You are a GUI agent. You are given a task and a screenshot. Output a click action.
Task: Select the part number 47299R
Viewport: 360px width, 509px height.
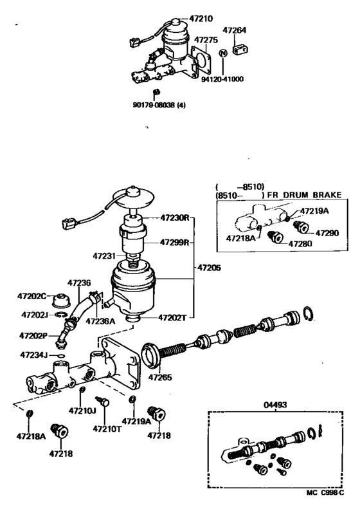pos(174,243)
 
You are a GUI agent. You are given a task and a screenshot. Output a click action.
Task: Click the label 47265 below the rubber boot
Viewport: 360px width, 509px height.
pos(161,378)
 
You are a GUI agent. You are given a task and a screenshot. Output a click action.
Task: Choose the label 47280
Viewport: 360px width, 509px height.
pos(300,245)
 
